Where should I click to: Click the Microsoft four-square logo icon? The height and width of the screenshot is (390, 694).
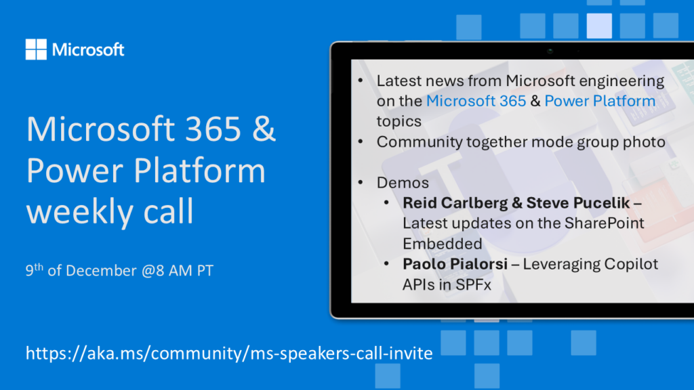(36, 49)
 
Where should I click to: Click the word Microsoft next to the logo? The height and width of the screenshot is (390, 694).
(88, 49)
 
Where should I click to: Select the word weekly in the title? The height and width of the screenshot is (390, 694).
(81, 211)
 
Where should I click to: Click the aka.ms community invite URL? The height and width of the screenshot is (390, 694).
(229, 353)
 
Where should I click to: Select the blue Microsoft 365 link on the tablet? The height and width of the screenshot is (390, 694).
(476, 101)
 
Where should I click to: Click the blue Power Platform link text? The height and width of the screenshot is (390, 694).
(600, 101)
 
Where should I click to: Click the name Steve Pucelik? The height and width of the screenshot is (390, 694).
(577, 203)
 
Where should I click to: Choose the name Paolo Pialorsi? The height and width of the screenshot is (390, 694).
(455, 264)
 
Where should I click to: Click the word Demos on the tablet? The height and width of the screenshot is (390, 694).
(403, 183)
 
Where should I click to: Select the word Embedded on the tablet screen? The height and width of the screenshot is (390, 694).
(442, 244)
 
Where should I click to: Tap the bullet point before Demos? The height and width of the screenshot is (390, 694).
(361, 182)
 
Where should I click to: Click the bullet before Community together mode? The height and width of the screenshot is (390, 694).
(361, 142)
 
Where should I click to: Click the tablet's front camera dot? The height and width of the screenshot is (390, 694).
(550, 51)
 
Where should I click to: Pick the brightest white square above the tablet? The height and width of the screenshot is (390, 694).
(599, 26)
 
